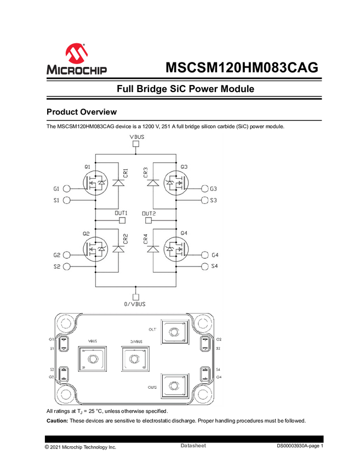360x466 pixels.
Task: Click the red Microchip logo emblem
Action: [76, 53]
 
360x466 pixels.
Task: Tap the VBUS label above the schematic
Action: [137, 136]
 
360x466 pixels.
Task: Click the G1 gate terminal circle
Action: [67, 188]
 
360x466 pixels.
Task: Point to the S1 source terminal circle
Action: [67, 200]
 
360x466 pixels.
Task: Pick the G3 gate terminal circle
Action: [205, 188]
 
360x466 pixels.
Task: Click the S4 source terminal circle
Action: [205, 266]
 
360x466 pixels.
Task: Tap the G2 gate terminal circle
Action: [67, 255]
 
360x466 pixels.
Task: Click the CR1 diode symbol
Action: [116, 183]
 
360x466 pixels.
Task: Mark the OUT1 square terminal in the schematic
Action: [122, 220]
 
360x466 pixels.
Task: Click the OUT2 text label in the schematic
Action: [149, 213]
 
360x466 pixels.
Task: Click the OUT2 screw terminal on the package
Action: [175, 387]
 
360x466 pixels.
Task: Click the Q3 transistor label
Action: [184, 166]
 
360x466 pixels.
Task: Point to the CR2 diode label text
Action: [125, 240]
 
